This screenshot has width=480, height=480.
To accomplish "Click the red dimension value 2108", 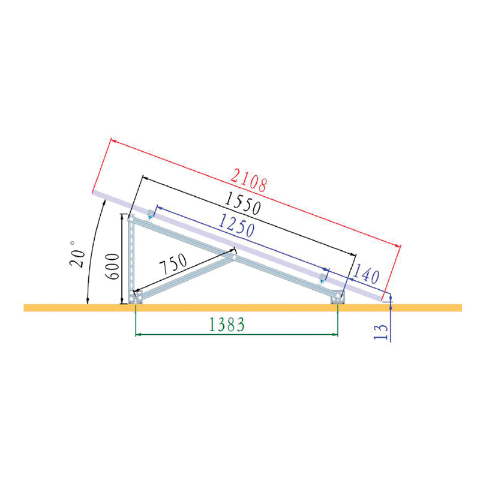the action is (248, 181).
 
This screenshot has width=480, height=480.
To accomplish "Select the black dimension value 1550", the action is (243, 203).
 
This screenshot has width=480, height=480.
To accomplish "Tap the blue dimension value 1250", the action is (236, 226).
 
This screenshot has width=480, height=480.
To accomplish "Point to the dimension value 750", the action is (173, 263).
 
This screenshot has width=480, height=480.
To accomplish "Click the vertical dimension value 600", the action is (112, 266).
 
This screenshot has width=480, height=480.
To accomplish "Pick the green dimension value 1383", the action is (227, 325).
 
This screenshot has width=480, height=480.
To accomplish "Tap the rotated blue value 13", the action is (381, 332).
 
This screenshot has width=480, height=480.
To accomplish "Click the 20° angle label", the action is (76, 254).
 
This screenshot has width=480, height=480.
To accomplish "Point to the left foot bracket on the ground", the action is (135, 297).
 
